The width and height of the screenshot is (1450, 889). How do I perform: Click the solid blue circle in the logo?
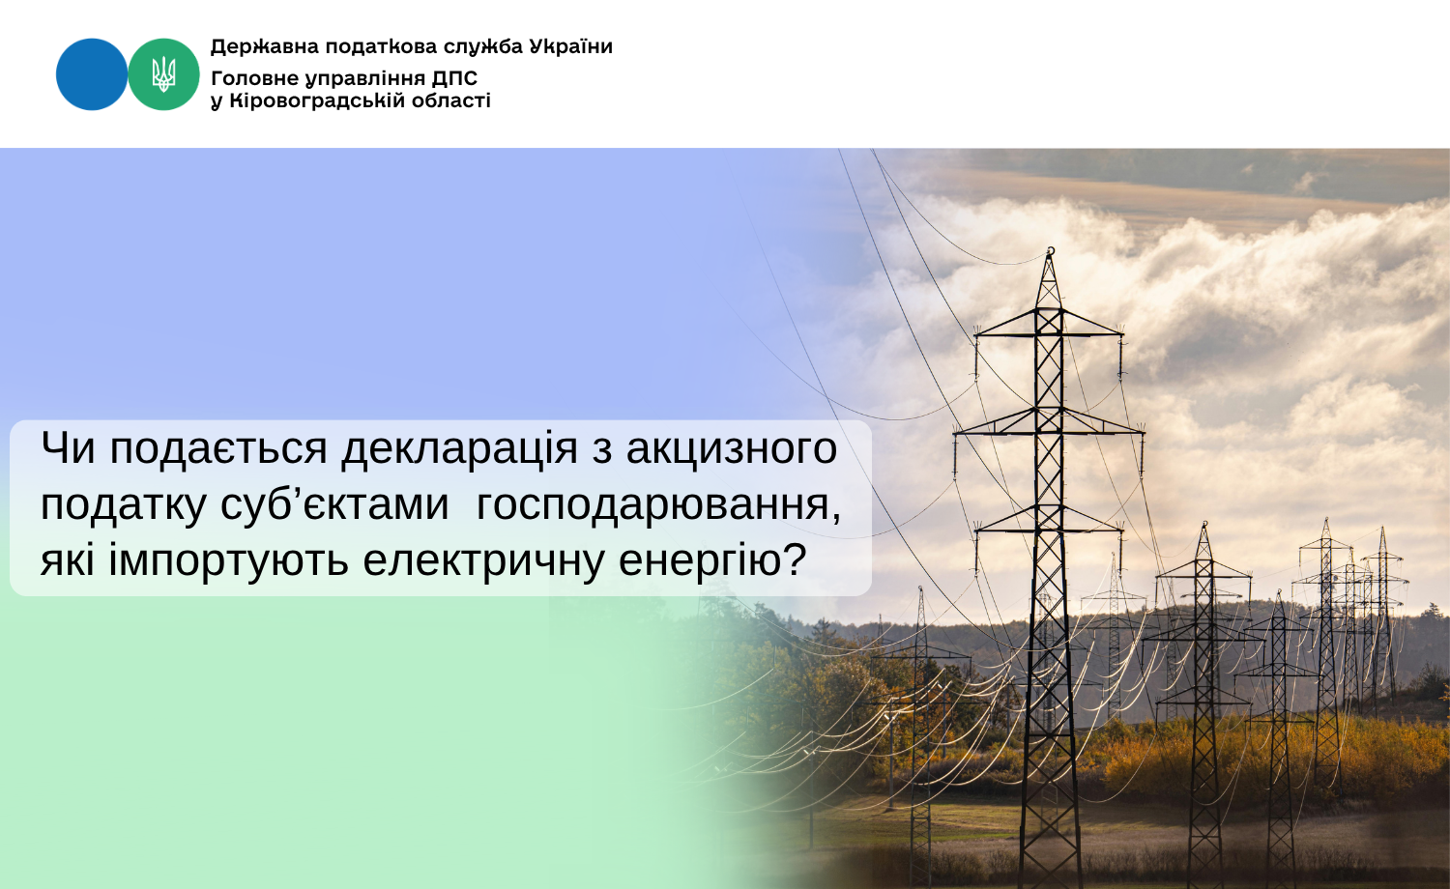tap(91, 74)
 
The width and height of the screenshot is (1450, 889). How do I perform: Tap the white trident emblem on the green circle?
tap(163, 74)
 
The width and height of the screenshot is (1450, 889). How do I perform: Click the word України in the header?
tap(571, 46)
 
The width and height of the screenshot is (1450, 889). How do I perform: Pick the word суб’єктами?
tap(334, 504)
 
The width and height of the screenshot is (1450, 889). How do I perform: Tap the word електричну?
tap(483, 561)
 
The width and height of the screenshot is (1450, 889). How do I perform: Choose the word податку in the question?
tap(123, 505)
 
